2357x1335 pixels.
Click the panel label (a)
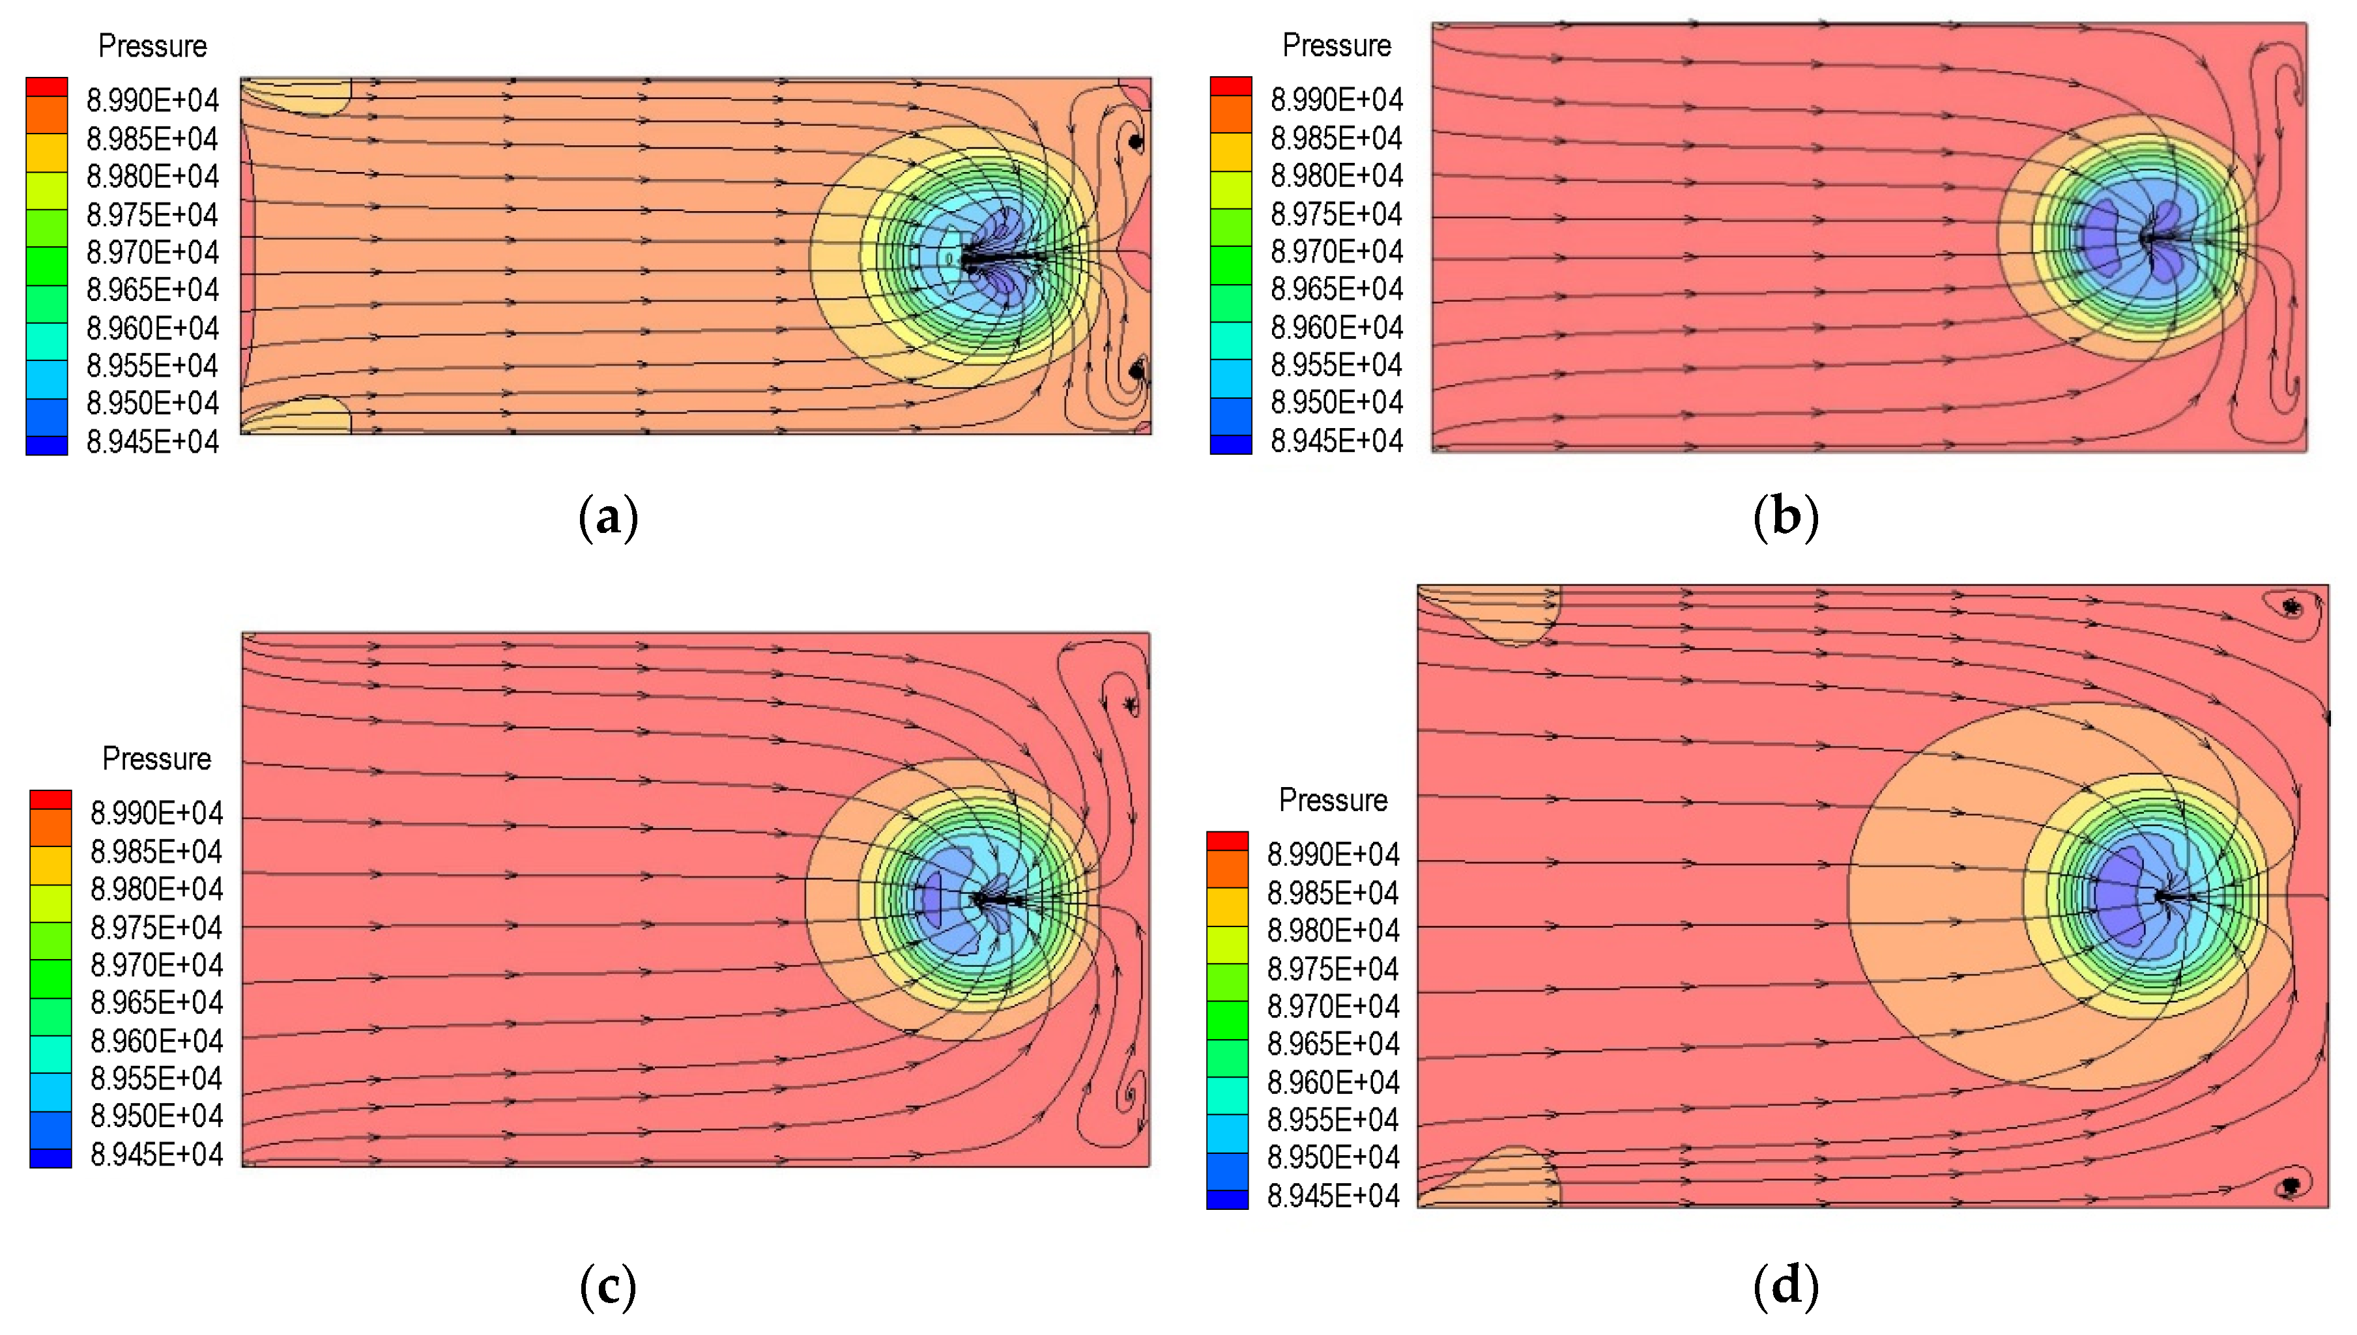[x=608, y=517]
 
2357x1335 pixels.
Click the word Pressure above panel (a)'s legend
[x=152, y=46]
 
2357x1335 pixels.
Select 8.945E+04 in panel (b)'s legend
[x=1337, y=441]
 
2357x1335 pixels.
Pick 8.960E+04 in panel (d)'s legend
[x=1333, y=1082]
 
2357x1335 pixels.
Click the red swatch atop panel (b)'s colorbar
[x=1230, y=85]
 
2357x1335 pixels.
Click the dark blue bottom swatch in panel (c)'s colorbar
[x=50, y=1158]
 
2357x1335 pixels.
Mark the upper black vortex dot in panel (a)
[x=1136, y=142]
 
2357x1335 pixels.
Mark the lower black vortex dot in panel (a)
[x=1136, y=371]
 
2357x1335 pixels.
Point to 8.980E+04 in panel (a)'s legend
[x=153, y=176]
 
